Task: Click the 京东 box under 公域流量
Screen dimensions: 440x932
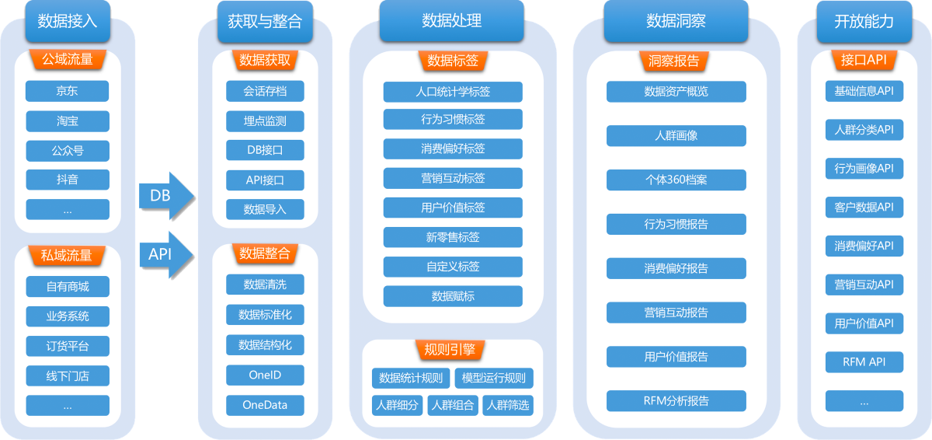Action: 67,91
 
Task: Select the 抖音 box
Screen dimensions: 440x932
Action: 67,180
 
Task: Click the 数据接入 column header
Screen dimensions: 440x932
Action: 68,21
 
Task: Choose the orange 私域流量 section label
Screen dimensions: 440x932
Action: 67,255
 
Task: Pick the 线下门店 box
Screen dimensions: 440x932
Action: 67,376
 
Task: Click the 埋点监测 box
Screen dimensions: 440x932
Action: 265,120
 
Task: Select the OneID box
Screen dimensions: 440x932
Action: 265,375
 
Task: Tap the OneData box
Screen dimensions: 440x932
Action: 265,405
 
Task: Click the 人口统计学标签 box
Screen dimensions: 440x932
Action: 453,92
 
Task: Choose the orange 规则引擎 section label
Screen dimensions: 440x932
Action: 452,350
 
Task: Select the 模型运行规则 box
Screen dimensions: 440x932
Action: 494,379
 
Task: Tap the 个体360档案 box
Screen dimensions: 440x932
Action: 676,180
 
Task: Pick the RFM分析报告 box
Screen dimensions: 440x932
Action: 676,401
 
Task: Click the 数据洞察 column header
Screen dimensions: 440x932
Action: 676,21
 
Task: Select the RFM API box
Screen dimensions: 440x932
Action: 864,361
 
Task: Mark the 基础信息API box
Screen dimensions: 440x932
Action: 864,92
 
